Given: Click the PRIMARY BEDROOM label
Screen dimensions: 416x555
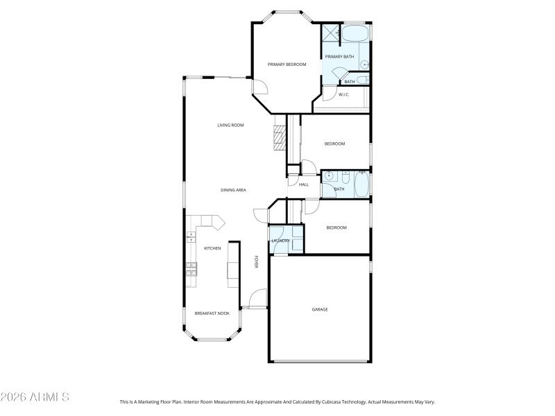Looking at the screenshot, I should click(287, 64).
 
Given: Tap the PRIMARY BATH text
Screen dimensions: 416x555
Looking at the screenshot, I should click(339, 56).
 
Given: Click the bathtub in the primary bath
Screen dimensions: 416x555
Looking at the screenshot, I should click(356, 33).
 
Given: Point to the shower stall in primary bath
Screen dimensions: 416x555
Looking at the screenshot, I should click(330, 33).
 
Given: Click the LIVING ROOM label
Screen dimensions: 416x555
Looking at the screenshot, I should click(230, 125).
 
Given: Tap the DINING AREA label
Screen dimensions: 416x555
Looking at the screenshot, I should click(233, 190).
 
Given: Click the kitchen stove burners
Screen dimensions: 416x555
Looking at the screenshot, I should click(190, 269).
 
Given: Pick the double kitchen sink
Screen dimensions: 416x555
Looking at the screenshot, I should click(190, 236).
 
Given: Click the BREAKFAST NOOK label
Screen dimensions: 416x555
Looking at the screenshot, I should click(212, 313).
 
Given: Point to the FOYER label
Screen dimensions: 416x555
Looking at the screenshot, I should click(256, 262).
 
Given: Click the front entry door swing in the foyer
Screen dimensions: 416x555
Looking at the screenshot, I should click(257, 299).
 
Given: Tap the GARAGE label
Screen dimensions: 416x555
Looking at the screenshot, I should click(320, 309).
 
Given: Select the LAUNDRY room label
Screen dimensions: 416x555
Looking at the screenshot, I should click(280, 241).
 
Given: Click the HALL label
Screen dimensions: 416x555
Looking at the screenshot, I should click(303, 184).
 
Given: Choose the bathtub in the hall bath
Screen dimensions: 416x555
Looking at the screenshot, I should click(361, 184).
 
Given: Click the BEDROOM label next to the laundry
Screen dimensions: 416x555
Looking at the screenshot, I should click(336, 227).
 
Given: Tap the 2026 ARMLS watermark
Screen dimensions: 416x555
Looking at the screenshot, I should click(35, 397).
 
